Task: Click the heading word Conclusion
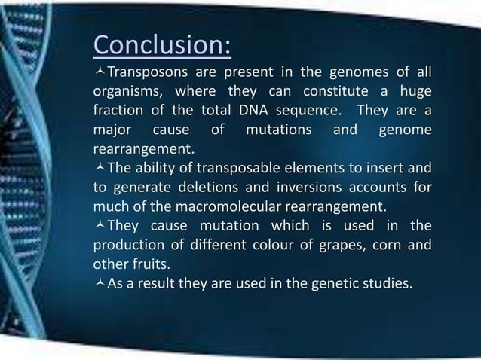coord(161,45)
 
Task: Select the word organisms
coord(125,94)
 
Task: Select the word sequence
coord(308,113)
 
